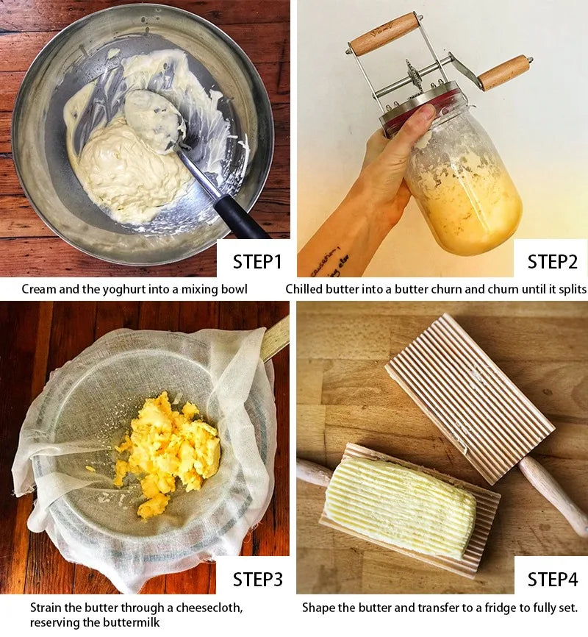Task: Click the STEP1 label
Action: (x=257, y=262)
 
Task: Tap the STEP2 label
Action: (x=552, y=262)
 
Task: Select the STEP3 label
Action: (x=257, y=580)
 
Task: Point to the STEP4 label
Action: (x=552, y=580)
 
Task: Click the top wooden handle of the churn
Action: (x=384, y=33)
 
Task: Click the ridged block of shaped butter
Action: (x=400, y=507)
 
